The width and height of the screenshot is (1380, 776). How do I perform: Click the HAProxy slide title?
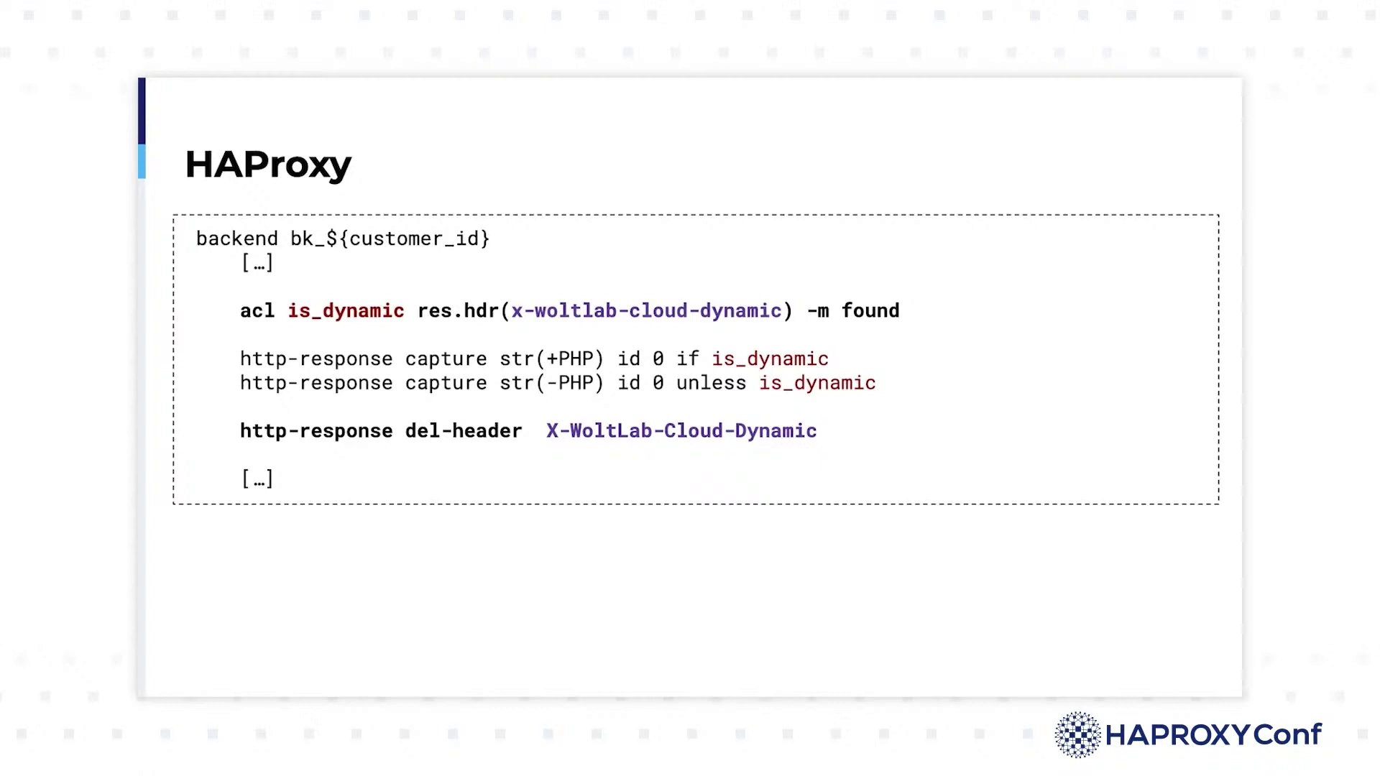tap(268, 165)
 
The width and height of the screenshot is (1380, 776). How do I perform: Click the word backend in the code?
tap(236, 239)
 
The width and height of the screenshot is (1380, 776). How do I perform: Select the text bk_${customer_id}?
tap(390, 239)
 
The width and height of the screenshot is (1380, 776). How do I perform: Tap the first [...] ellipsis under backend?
tap(257, 263)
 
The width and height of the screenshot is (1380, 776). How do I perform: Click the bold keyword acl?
tap(257, 310)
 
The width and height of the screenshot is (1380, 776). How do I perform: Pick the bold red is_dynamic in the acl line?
tap(346, 311)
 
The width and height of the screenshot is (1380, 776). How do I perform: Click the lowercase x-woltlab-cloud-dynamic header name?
tap(646, 311)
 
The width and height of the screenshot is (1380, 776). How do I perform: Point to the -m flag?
tap(818, 311)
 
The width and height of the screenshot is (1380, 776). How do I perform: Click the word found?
tap(870, 310)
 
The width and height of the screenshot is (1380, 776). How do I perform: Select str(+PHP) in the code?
tap(552, 359)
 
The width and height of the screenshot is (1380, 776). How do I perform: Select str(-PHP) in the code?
tap(552, 383)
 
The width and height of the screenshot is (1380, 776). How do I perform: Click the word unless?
tap(711, 383)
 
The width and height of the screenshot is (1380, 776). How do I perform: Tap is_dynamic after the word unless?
tap(817, 384)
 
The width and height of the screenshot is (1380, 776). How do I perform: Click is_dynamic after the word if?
tap(770, 359)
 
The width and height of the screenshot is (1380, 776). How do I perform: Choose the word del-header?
tap(464, 430)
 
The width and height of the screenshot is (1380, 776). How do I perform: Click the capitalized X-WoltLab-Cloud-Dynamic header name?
tap(681, 431)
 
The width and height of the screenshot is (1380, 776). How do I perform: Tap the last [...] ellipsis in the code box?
tap(257, 479)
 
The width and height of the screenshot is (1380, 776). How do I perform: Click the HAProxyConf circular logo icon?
tap(1077, 734)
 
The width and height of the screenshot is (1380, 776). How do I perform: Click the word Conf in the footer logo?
tap(1287, 734)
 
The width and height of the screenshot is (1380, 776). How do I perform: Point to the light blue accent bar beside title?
tap(142, 161)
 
